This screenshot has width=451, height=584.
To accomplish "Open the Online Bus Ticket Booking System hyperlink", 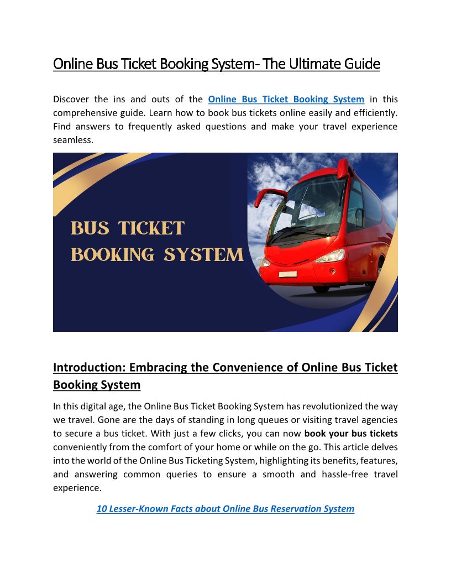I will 286,100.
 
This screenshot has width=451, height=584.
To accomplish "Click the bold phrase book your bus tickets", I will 351,434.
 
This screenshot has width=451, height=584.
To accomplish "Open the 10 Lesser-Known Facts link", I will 225,509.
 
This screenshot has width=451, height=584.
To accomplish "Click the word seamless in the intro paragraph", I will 72,140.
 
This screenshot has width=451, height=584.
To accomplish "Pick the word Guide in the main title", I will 363,65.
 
